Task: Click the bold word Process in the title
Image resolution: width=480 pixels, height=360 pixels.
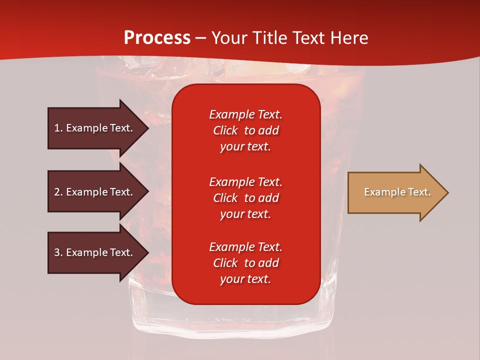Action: tap(157, 38)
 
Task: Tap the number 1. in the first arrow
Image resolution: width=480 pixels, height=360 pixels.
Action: tap(58, 128)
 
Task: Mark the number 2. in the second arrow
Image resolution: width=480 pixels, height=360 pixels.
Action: tap(58, 192)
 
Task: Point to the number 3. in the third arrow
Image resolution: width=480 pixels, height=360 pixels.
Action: tap(58, 252)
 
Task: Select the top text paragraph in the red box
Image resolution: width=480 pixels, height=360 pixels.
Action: tap(245, 130)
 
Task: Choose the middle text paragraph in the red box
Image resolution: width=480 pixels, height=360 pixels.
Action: tap(245, 198)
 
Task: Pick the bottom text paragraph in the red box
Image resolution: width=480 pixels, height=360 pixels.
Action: tap(245, 263)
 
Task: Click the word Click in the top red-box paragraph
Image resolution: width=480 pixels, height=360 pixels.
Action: tap(225, 130)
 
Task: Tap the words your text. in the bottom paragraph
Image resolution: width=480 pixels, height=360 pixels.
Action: tap(245, 279)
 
